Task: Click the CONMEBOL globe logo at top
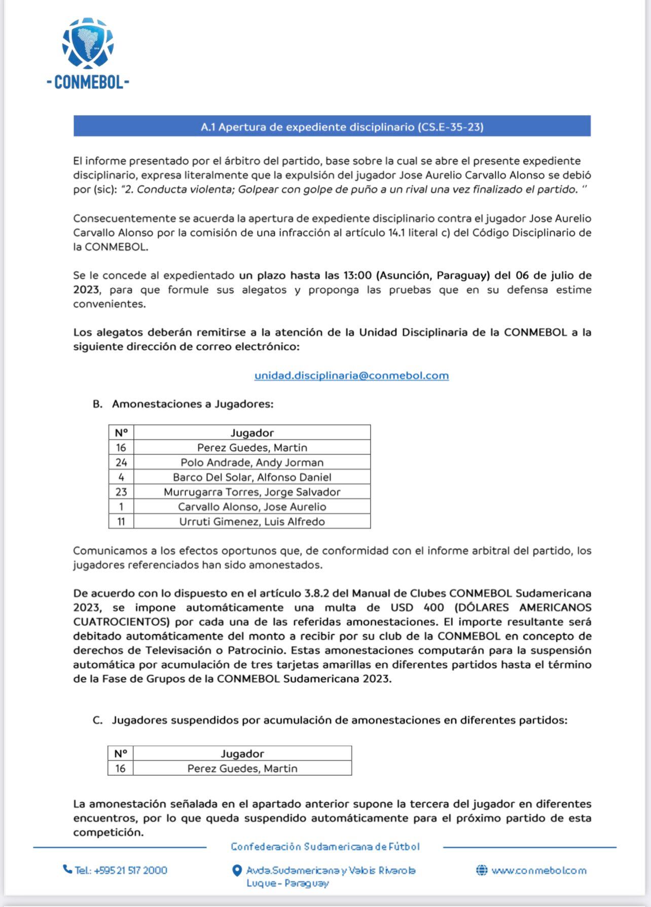tap(88, 44)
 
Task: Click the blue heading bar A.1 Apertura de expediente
tap(332, 126)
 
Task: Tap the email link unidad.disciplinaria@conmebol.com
tap(351, 376)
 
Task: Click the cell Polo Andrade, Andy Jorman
tap(252, 462)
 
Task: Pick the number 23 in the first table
tap(121, 492)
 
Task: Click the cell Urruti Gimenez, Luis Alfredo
tap(252, 521)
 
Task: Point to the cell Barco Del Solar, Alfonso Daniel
tap(252, 477)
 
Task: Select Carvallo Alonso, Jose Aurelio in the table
tap(252, 507)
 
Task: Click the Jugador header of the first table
tap(252, 433)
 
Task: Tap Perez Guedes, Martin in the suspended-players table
tap(242, 768)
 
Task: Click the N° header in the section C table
tap(120, 754)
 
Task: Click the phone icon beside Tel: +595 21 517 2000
tap(67, 869)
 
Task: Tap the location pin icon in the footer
tap(236, 871)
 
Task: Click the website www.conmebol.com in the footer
tap(538, 870)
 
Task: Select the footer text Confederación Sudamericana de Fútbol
tap(325, 847)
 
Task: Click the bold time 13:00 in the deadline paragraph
tap(357, 276)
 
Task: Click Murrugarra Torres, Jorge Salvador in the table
tap(252, 492)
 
